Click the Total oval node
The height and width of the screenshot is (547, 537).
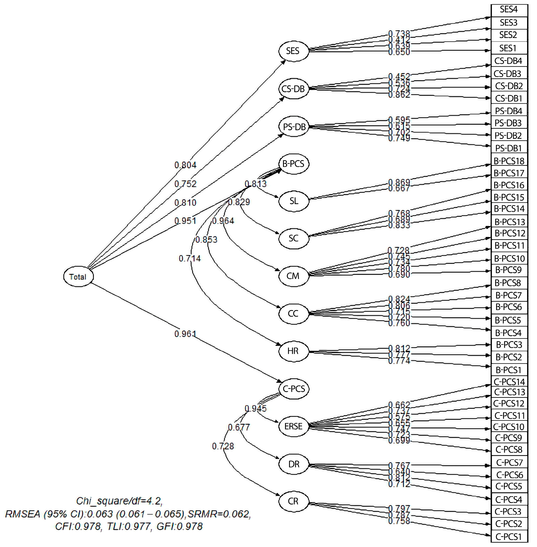78,277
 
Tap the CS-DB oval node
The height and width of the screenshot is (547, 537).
293,89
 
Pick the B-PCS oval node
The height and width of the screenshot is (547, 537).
293,164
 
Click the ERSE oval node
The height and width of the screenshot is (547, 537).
293,426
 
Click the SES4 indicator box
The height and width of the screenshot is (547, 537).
509,9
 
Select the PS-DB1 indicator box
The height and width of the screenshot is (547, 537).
509,148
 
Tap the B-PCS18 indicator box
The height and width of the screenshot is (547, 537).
509,161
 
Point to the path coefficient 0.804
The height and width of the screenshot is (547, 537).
185,165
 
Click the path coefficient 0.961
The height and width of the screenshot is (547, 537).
185,334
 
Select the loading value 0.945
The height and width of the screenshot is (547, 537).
255,408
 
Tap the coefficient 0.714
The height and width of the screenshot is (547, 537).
190,258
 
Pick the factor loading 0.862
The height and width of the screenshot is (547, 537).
399,95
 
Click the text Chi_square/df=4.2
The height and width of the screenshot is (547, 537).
119,501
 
